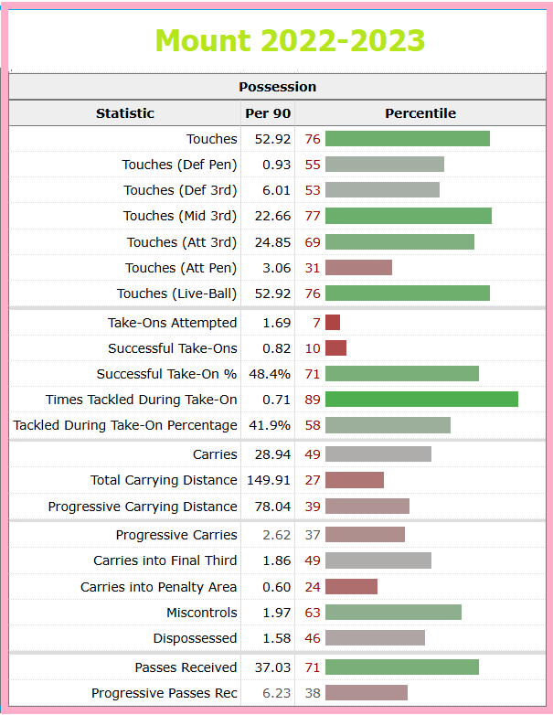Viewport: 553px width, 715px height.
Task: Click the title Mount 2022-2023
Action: [290, 40]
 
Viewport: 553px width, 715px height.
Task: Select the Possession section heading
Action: [277, 87]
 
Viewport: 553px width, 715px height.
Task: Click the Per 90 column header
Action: [268, 113]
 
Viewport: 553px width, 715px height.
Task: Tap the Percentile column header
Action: [420, 113]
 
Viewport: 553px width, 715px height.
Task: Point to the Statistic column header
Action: [125, 113]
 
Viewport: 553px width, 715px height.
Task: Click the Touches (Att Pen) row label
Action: [181, 268]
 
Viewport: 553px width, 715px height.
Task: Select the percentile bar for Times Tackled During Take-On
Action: [421, 399]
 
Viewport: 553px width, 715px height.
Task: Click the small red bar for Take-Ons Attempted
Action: [333, 323]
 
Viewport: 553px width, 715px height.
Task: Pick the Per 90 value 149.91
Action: [269, 480]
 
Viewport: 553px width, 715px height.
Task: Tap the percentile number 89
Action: [313, 400]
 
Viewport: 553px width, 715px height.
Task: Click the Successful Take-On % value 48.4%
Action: [270, 374]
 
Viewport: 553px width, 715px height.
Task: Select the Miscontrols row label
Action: [201, 613]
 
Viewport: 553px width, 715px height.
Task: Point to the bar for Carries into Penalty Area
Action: [352, 586]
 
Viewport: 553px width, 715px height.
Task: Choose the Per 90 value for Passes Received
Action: [272, 667]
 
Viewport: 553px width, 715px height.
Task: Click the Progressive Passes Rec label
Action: [165, 693]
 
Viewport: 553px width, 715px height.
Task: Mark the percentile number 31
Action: [313, 268]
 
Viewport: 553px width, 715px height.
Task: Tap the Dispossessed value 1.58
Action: [276, 638]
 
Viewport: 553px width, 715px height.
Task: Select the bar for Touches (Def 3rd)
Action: [382, 189]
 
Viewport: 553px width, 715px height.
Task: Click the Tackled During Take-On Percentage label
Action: [125, 425]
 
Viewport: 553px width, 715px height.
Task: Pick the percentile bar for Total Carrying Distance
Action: [355, 480]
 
